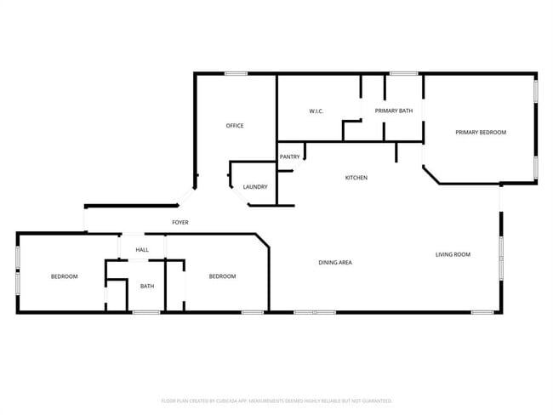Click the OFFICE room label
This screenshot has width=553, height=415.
[x=234, y=126]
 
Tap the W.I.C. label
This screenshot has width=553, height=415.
[x=315, y=111]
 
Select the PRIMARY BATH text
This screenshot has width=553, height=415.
[x=394, y=111]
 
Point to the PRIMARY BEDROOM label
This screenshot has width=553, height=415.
[x=481, y=133]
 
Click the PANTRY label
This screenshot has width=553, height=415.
[x=289, y=156]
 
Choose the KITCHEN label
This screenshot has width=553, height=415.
[x=356, y=178]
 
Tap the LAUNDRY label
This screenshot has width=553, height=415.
[x=255, y=187]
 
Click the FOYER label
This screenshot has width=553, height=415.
[x=180, y=223]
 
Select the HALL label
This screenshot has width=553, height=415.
[x=142, y=250]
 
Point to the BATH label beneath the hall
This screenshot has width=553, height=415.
[x=147, y=286]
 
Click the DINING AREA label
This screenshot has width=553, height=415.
[x=335, y=263]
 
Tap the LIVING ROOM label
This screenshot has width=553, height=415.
[x=453, y=254]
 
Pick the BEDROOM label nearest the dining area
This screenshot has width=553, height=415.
[x=223, y=276]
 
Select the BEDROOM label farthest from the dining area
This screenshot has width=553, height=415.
[x=64, y=276]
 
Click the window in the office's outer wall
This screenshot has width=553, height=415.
[x=236, y=73]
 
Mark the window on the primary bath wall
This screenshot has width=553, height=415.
[x=403, y=73]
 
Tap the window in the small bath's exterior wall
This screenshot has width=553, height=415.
[x=146, y=312]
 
